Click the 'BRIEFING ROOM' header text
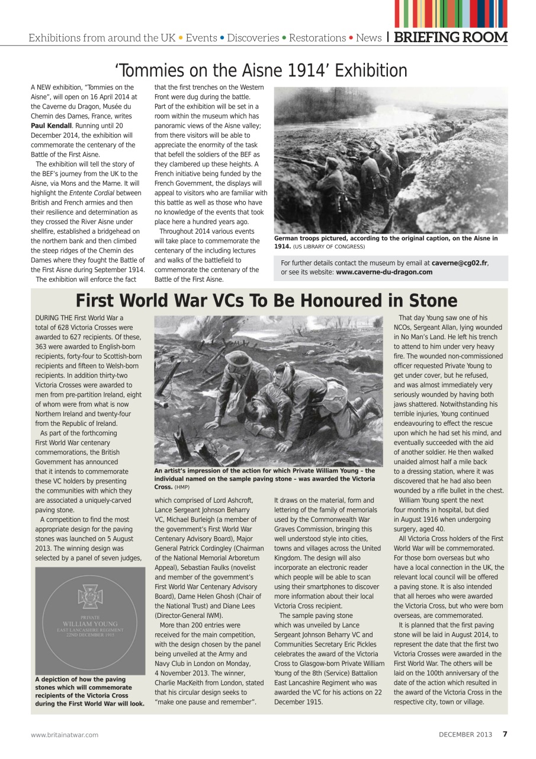coord(451,37)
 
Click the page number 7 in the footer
coord(505,734)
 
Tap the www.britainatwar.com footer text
coord(65,735)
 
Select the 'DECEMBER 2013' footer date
coord(465,734)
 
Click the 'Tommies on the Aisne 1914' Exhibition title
coord(261,71)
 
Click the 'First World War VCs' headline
coord(267,300)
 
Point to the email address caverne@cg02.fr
coord(460,263)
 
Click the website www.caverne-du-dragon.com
coord(384,272)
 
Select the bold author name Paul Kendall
coord(52,125)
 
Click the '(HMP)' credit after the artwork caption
coord(182,487)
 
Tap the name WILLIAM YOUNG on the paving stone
coord(91,624)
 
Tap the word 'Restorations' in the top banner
coord(317,38)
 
